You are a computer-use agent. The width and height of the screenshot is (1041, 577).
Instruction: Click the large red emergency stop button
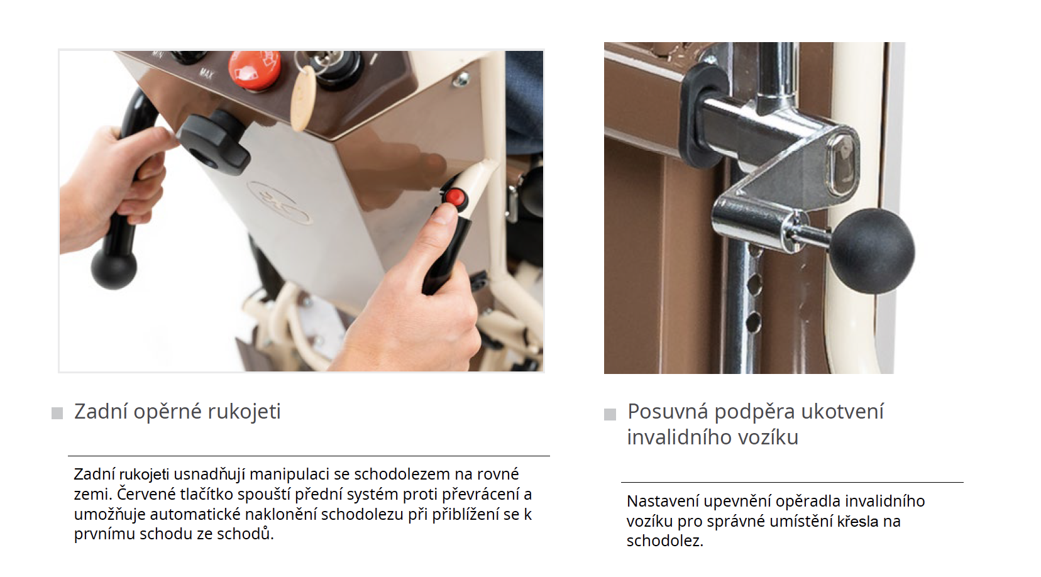point(255,69)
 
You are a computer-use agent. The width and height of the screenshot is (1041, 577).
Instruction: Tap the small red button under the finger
point(454,197)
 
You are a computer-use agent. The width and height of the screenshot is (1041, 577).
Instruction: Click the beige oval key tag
point(303,99)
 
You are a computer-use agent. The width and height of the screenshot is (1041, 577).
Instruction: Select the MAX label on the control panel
point(206,74)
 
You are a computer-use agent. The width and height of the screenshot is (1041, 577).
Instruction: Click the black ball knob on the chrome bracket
point(872,251)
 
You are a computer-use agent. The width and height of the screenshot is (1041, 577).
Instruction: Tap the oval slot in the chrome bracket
point(840,165)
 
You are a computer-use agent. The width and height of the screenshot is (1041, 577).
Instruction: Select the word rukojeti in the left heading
point(244,412)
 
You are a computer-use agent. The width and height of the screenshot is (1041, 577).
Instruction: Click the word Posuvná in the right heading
point(668,412)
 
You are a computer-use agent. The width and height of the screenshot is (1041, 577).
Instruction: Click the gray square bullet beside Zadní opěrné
point(57,413)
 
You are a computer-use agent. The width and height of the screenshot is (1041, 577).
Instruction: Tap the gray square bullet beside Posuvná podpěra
point(610,414)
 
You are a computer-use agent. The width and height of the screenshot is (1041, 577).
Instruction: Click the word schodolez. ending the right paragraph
point(665,541)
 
